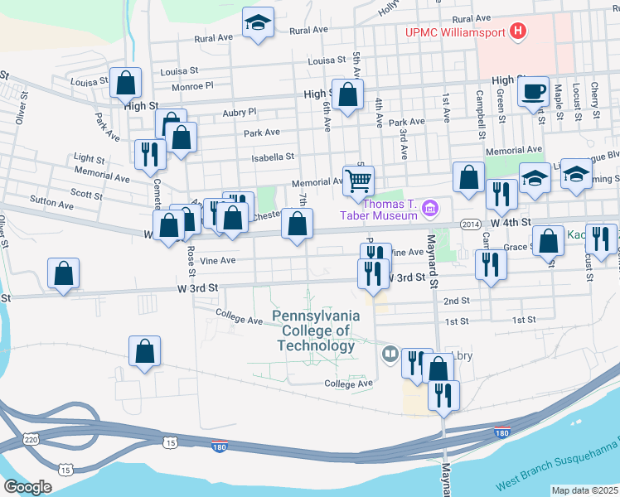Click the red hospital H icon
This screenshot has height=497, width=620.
(519, 32)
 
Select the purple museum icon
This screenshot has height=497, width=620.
(429, 206)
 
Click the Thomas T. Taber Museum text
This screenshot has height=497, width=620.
(381, 207)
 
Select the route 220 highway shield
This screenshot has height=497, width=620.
(31, 438)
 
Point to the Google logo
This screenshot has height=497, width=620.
(27, 487)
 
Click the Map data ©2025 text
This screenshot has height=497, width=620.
(584, 490)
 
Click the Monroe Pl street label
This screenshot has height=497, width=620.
(192, 85)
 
